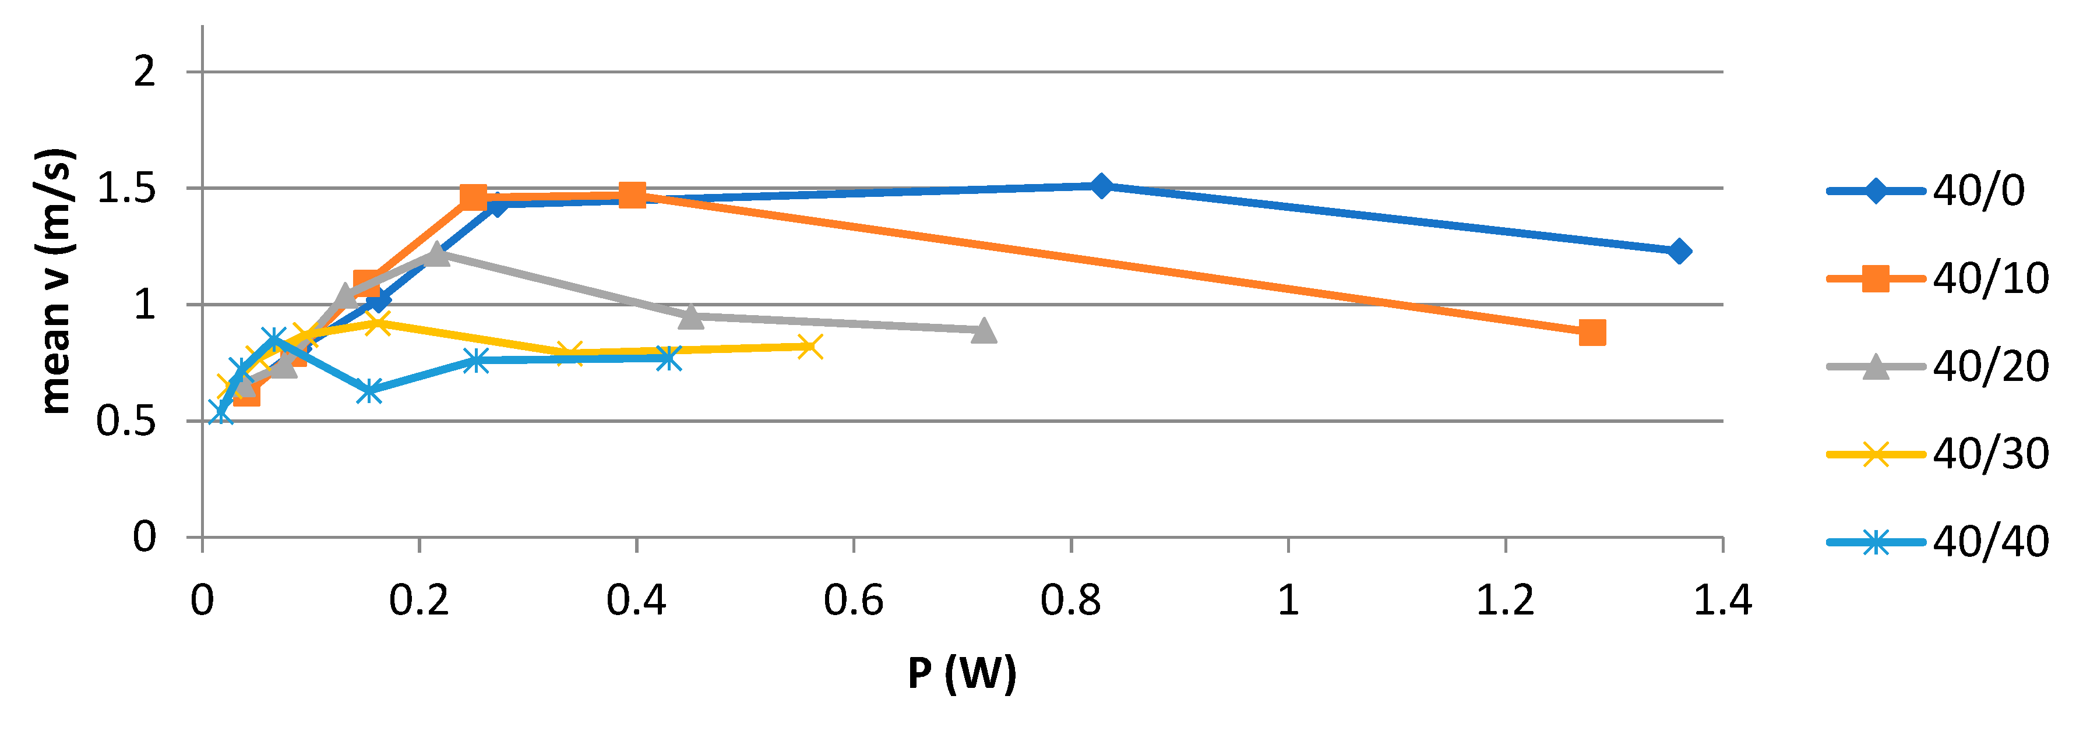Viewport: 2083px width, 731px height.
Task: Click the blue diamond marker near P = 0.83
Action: [x=1101, y=185]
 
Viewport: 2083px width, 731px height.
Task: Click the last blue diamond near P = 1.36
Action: [x=1679, y=252]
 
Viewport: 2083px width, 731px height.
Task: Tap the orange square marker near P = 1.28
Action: [x=1591, y=333]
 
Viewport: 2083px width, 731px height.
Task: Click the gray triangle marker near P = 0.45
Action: [x=690, y=316]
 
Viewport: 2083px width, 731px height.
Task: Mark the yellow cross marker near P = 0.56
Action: [x=809, y=346]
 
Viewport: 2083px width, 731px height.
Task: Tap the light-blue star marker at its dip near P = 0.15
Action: [x=369, y=391]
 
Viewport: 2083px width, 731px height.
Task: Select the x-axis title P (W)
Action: [x=961, y=673]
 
